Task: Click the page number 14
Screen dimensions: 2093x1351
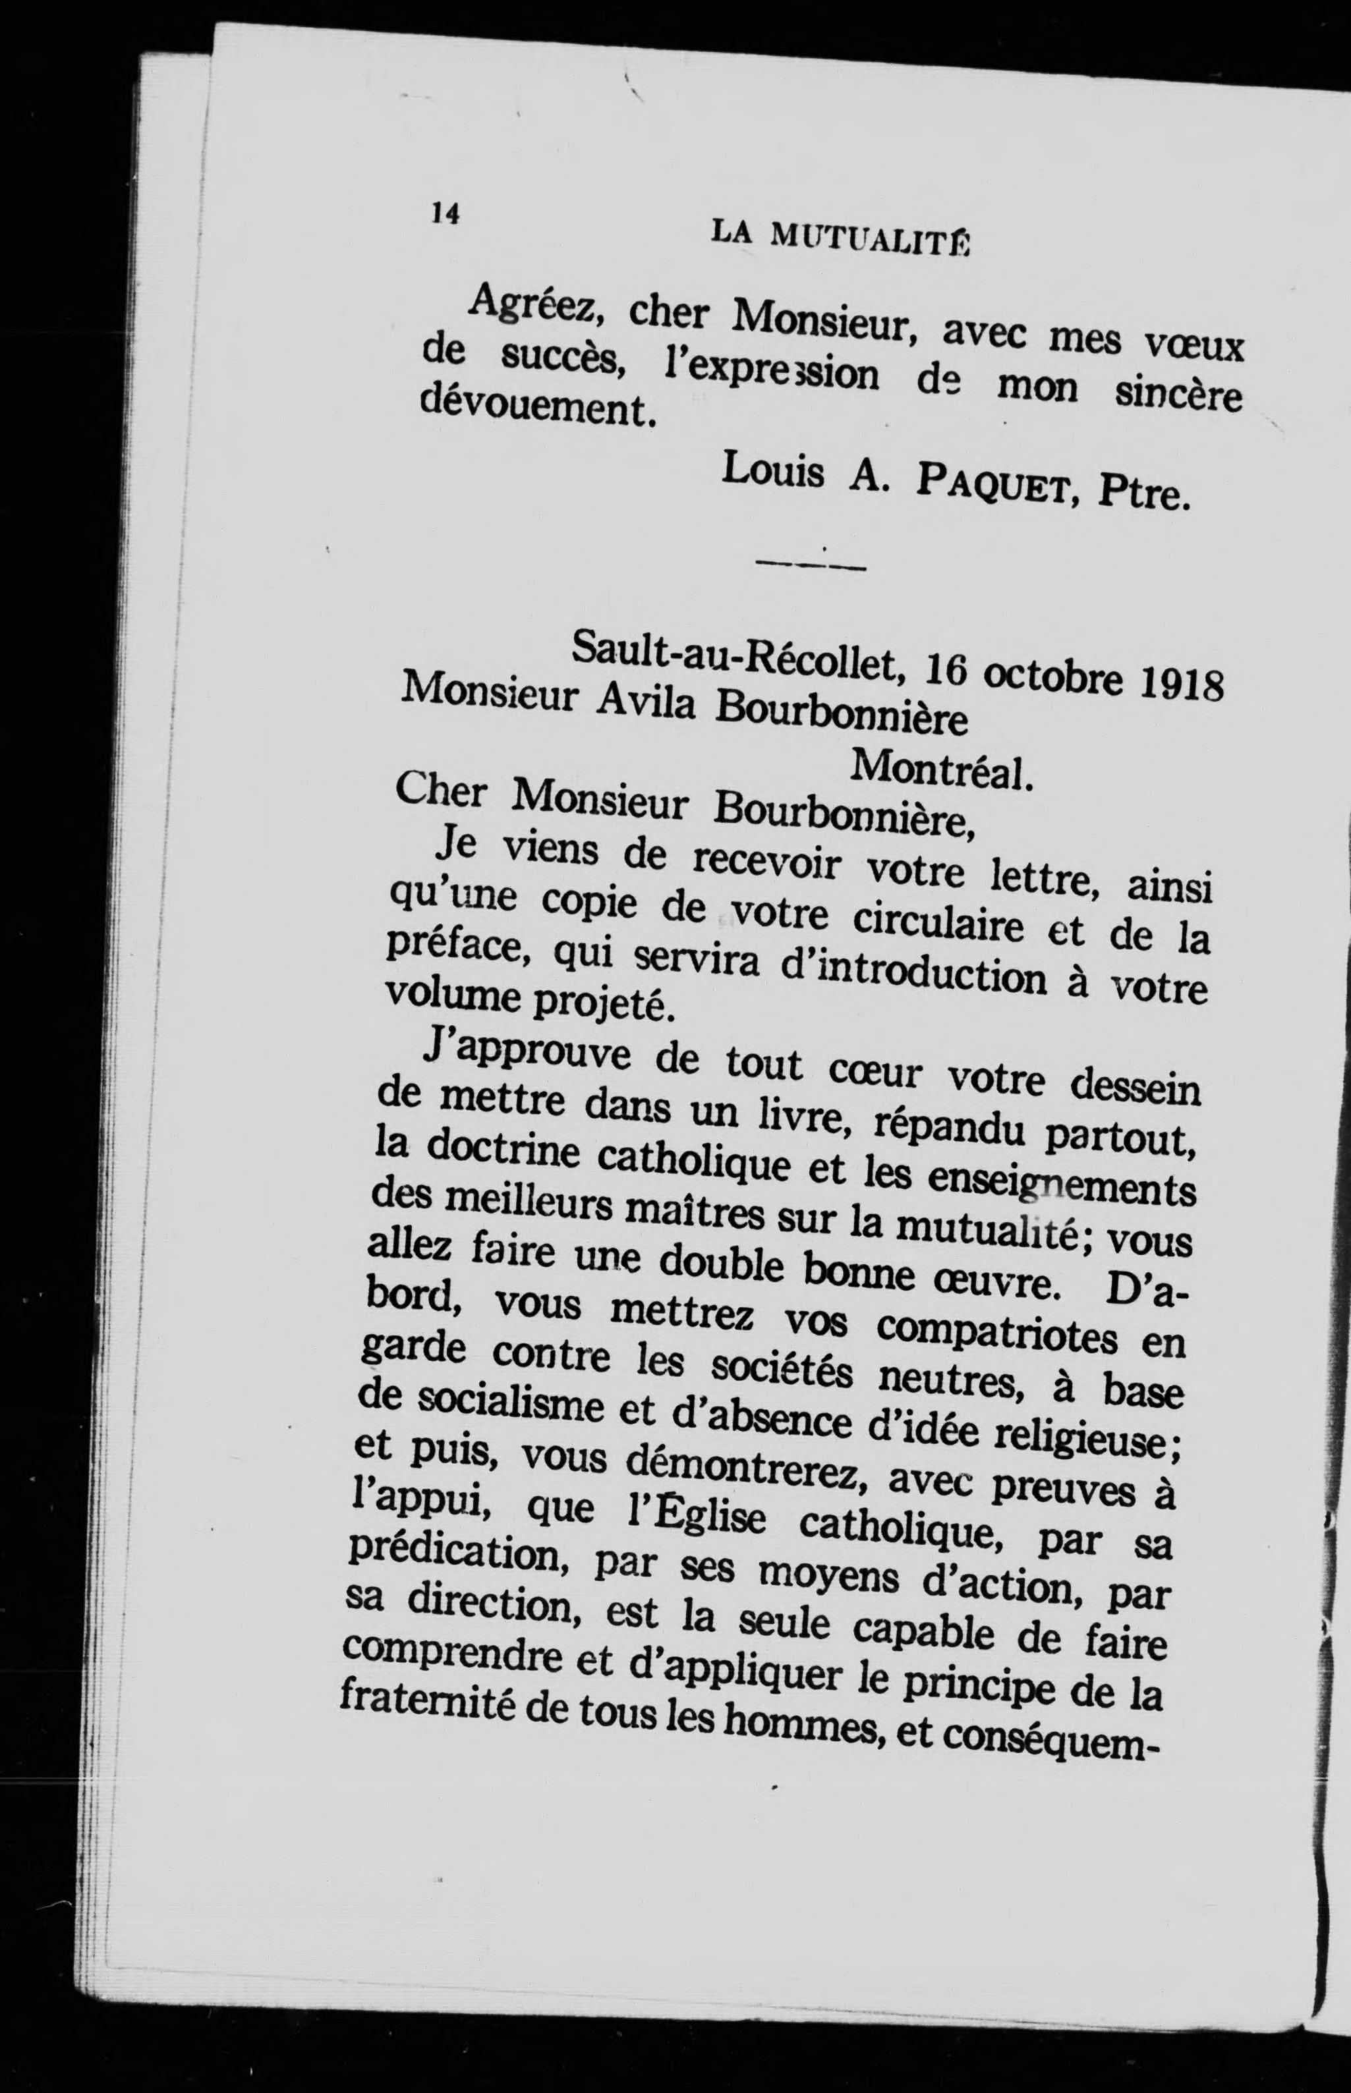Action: coord(446,213)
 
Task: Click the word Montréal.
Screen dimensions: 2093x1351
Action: coord(938,771)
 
